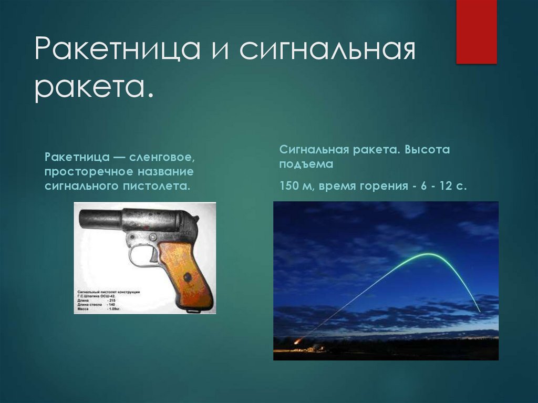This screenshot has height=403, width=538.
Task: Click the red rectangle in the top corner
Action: coord(476,32)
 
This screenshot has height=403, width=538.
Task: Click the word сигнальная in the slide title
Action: coord(328,50)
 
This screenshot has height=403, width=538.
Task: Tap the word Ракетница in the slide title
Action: coord(117,50)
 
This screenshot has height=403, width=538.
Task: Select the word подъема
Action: coord(306,164)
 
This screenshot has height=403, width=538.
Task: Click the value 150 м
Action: coord(296,186)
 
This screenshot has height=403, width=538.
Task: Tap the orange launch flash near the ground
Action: coord(298,342)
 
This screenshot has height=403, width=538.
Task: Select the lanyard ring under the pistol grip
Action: coord(193,312)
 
